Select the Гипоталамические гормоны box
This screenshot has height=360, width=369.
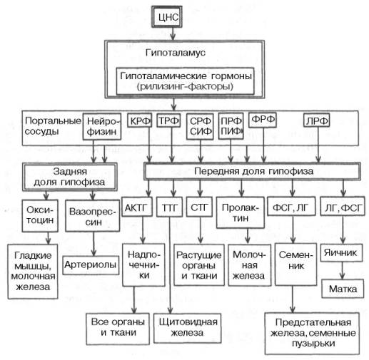pos(188,82)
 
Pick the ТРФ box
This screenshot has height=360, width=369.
pos(168,122)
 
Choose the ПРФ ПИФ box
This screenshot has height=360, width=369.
pos(231,126)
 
